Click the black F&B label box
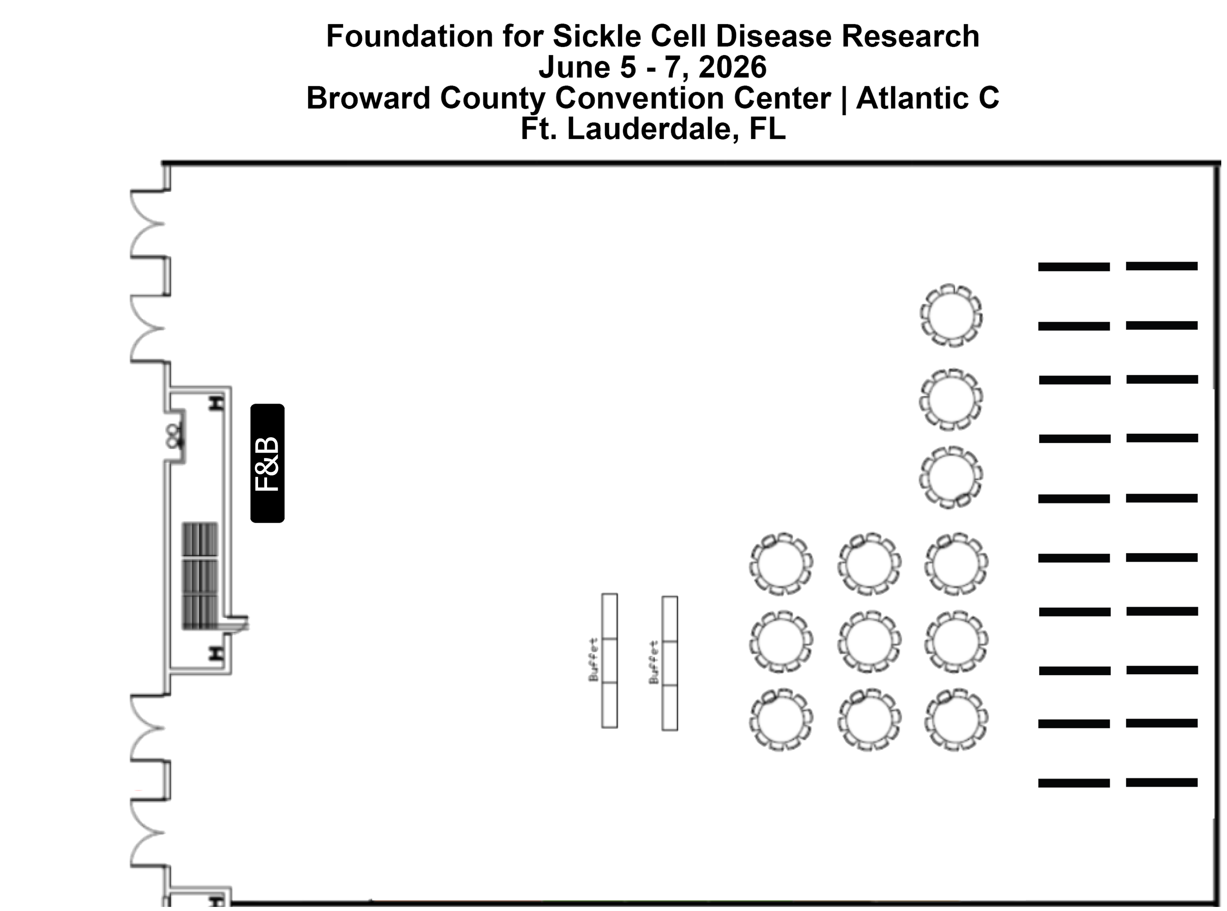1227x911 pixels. coord(267,463)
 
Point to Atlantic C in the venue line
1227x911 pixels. coord(928,98)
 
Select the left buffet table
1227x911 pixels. coord(609,661)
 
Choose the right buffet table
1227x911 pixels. coord(670,663)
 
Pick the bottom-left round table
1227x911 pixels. coord(781,720)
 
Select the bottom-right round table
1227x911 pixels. coord(956,720)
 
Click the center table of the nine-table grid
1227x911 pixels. coord(869,642)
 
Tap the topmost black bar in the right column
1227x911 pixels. coord(1162,266)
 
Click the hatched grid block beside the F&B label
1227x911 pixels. coord(200,576)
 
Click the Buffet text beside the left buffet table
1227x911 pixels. coord(594,660)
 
